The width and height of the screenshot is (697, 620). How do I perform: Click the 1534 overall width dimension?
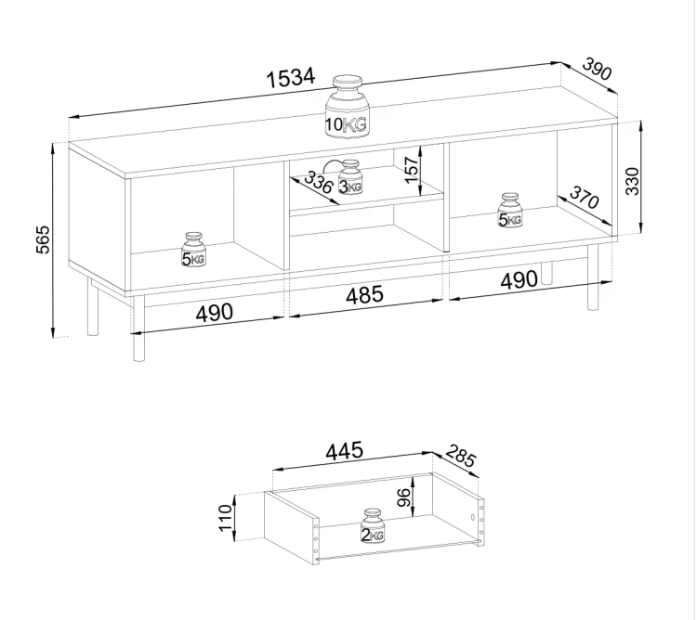click(291, 78)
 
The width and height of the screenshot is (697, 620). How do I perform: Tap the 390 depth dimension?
click(597, 70)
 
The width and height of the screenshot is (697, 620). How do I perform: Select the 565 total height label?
click(43, 239)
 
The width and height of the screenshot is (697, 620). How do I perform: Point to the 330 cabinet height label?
click(633, 181)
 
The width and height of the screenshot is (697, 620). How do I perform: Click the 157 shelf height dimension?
click(413, 169)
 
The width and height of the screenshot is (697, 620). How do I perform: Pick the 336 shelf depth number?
click(318, 182)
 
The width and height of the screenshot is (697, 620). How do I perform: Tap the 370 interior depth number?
click(585, 198)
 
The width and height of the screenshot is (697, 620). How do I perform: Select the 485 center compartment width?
click(364, 294)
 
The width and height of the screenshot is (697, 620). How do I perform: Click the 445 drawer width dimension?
click(345, 451)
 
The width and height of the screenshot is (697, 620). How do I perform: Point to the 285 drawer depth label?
click(461, 456)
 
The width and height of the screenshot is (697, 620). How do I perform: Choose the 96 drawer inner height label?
click(403, 497)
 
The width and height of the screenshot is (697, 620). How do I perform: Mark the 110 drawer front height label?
click(226, 518)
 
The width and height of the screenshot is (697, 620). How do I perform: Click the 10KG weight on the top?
click(348, 109)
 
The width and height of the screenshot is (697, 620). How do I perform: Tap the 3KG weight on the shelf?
click(350, 176)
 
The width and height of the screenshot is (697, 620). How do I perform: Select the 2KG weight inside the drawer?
click(373, 526)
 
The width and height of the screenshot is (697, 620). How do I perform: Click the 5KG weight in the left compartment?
click(193, 250)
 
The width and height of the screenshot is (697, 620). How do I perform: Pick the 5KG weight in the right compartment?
click(510, 211)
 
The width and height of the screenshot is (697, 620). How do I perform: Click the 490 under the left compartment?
click(215, 312)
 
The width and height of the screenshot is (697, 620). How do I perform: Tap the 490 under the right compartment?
click(519, 280)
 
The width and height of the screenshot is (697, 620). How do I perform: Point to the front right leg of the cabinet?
click(593, 278)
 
